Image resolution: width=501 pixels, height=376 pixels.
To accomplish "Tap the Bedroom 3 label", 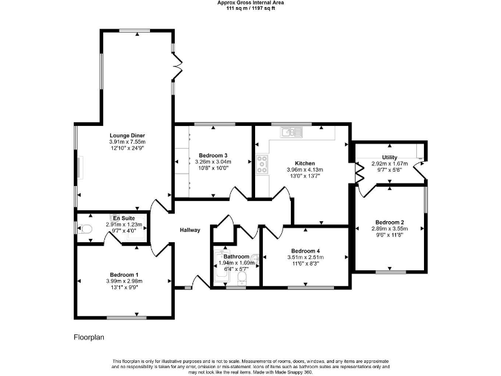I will (x=213, y=155).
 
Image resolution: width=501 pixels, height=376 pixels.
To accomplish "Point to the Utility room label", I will (x=389, y=157).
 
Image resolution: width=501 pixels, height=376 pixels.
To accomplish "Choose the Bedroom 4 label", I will (x=305, y=251).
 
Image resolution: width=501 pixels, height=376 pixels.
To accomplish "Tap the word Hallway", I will (x=190, y=230).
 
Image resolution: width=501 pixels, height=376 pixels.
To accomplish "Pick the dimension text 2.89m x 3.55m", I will (x=389, y=228).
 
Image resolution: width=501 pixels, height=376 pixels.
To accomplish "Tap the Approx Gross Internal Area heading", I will (x=250, y=3).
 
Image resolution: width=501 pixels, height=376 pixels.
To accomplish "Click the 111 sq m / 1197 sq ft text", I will (x=250, y=8).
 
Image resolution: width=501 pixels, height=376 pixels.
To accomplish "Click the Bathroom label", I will (x=235, y=257).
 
